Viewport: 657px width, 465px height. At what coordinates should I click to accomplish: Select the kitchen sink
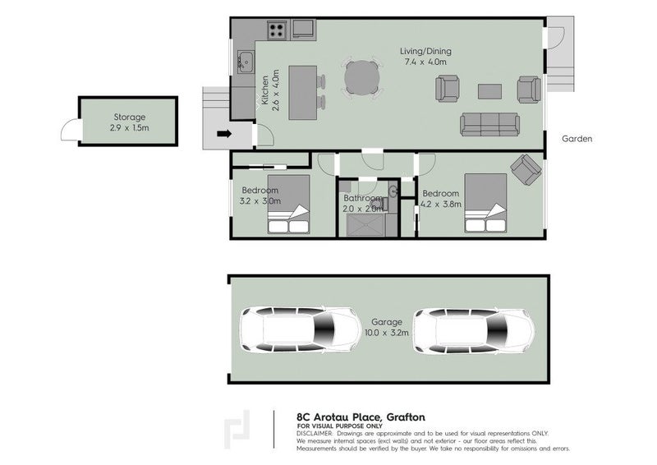tap(244, 58)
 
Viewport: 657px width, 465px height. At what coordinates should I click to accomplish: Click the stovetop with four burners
tap(276, 31)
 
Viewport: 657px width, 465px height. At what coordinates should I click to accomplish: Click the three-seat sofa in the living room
tap(489, 125)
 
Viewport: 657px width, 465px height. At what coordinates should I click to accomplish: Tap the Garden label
tap(577, 139)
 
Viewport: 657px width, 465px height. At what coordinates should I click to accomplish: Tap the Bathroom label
tap(362, 199)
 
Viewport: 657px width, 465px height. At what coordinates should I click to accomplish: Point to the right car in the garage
tap(474, 330)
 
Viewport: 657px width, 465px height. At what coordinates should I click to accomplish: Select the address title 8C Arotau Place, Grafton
tap(360, 417)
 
